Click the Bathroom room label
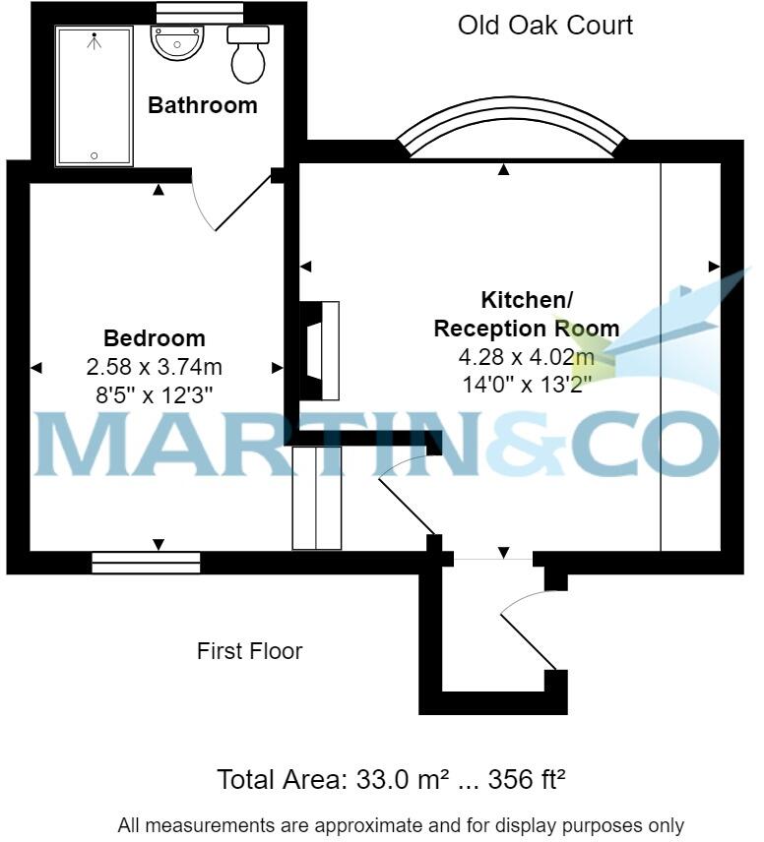coord(202,105)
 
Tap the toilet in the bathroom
coord(248,55)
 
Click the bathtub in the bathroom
coord(95,96)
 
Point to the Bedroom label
coord(155,338)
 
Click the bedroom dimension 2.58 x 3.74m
coord(155,368)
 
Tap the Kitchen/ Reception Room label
coord(526,314)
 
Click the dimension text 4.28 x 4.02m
coord(526,356)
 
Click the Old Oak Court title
coord(544,25)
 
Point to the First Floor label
coord(249,650)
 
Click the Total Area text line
coord(391,780)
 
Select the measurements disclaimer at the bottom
coord(401,825)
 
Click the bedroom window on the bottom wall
coord(146,563)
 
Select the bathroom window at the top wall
coord(200,9)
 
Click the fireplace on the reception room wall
coord(320,351)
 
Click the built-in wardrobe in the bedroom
coord(317,498)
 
